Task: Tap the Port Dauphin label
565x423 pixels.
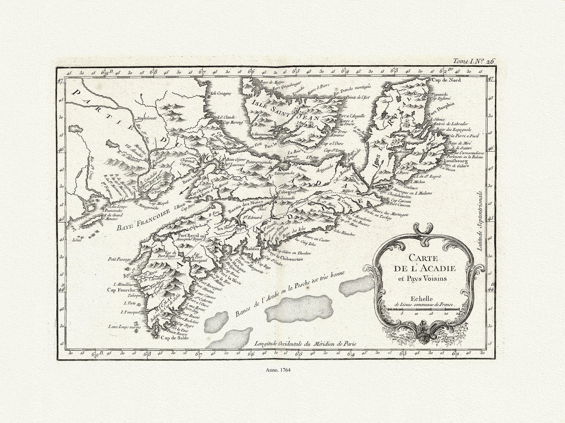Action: (440, 111)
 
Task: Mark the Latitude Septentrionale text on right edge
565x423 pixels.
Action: (479, 218)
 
